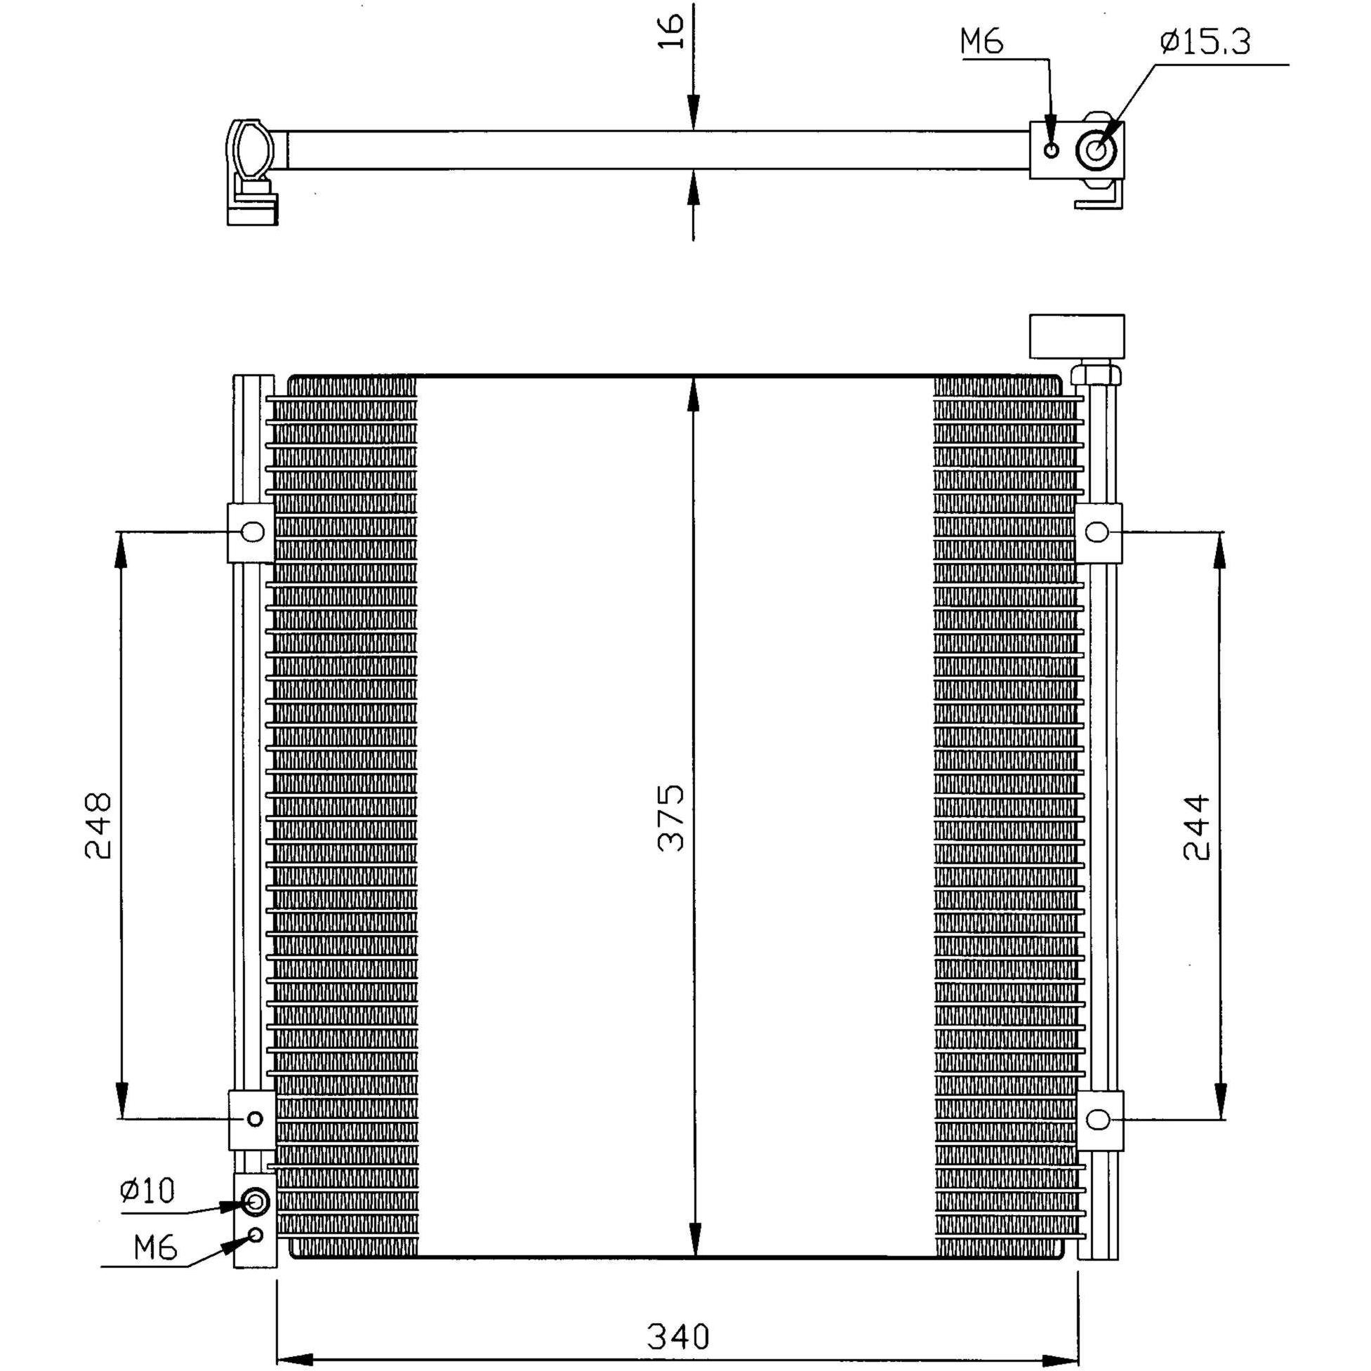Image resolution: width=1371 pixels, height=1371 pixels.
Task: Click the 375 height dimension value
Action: tap(670, 817)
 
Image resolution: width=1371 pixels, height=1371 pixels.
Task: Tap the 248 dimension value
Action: tap(98, 826)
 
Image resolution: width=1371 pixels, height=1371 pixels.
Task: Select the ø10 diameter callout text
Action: tap(147, 1190)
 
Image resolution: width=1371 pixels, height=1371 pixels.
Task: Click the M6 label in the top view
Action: tap(982, 42)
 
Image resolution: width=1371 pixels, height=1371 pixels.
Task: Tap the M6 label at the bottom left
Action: tap(155, 1247)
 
